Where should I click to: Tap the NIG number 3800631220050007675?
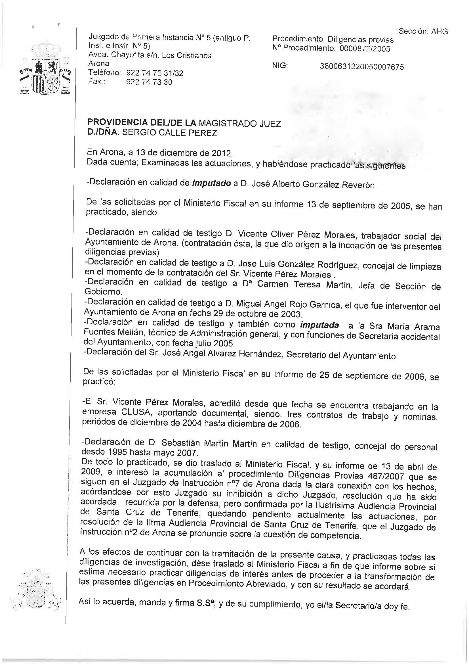[362, 67]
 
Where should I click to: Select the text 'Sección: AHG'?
[423, 31]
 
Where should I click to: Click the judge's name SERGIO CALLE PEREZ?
[169, 133]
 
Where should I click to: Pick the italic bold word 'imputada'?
[319, 325]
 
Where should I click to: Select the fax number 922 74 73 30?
[150, 82]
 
